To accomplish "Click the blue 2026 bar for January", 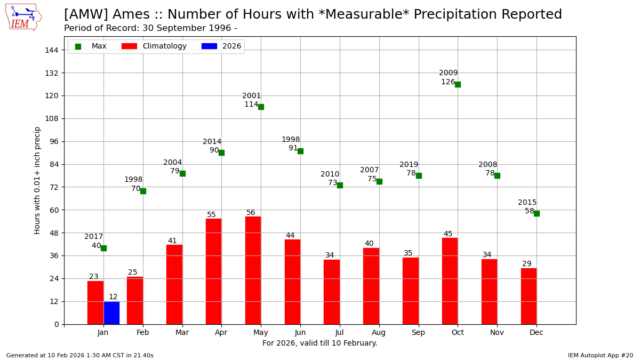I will coord(111,313).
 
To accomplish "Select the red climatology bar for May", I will coord(253,270).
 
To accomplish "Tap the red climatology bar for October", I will coord(450,281).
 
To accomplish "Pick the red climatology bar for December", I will coord(529,296).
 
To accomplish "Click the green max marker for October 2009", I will coord(458,84).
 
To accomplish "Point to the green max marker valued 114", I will coord(261,107).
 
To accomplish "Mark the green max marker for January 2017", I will coord(103,248).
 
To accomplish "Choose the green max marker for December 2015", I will coord(537,213).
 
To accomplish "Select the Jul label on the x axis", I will coord(340,332).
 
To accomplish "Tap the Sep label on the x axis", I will coord(418,332).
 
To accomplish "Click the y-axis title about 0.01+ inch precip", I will coord(37,180).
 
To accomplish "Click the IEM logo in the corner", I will coord(23,17).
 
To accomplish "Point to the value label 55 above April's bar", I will coord(211,215).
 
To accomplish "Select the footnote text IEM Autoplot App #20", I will coord(600,355).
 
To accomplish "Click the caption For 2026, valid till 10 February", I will coord(319,343).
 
